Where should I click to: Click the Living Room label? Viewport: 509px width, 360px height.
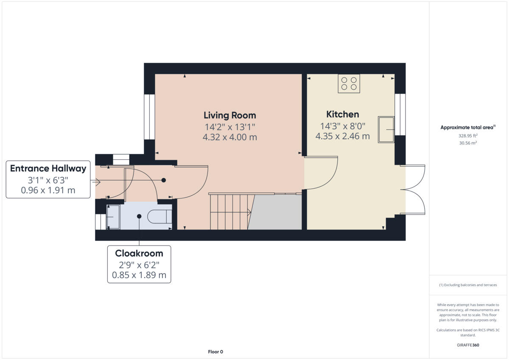pos(229,115)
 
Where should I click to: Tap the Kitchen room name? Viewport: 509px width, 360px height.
pos(342,114)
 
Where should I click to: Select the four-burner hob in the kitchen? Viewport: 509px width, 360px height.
pos(349,84)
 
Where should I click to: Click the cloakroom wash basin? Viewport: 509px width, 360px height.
pos(114,217)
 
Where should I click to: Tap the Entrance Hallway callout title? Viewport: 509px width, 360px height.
pos(48,168)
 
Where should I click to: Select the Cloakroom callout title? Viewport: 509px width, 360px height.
pos(139,254)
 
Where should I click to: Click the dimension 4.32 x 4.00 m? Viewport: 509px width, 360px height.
pos(229,137)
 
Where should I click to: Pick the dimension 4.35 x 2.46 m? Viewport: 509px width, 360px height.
pos(342,136)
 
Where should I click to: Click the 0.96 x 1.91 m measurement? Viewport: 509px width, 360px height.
pos(48,190)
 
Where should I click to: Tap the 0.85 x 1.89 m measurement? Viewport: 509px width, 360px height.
pos(139,276)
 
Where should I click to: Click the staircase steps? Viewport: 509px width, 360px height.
pos(229,211)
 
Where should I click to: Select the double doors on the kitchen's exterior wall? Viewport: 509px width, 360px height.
pos(413,190)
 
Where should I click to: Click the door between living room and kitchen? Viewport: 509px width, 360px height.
pos(321,173)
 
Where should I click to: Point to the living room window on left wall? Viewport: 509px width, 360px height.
pos(149,117)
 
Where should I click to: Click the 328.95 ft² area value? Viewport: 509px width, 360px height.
pos(468,136)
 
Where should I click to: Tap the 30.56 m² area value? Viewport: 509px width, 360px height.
pos(468,143)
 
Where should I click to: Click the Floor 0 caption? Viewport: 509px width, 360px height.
pos(215,352)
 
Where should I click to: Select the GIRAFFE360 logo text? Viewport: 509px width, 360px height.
pos(468,345)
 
